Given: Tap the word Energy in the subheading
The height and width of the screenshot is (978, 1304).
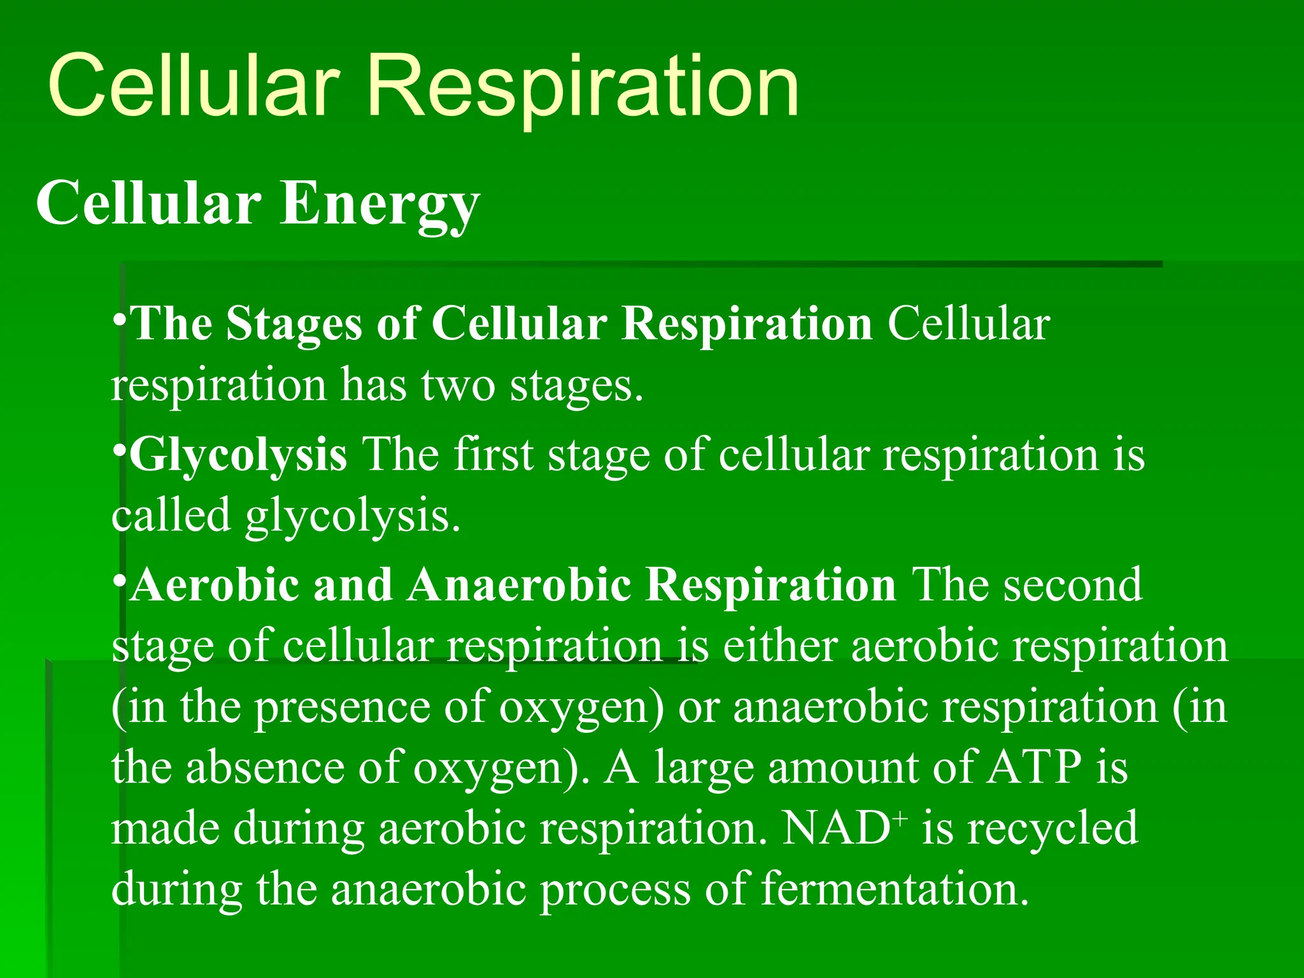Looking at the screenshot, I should (379, 204).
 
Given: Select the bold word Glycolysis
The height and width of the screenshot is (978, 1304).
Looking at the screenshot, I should (239, 455).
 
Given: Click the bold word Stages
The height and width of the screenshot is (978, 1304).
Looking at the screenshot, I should (294, 324).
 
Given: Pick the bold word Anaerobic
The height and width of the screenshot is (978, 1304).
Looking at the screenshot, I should (519, 585).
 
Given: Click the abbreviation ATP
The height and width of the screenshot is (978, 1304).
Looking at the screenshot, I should (1034, 768).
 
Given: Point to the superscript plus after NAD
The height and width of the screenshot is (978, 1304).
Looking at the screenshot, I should (900, 819).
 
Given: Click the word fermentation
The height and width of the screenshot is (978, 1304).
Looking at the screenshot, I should (894, 889).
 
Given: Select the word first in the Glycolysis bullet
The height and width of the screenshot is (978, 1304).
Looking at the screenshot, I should (493, 455).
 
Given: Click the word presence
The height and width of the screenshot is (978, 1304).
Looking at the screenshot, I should (342, 707).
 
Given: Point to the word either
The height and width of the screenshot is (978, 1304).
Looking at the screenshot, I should (780, 646).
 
